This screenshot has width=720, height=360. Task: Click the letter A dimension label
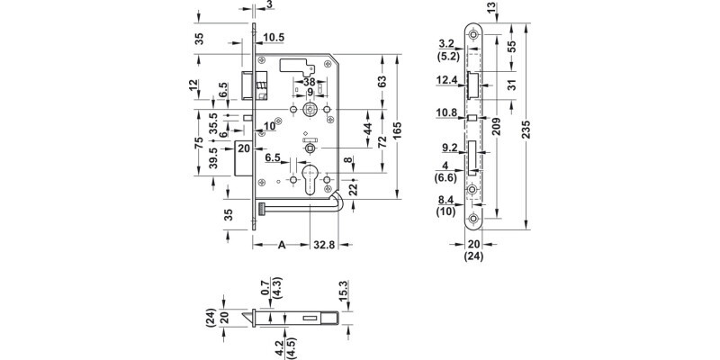point(283,244)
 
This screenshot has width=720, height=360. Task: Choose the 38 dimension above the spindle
point(310,81)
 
